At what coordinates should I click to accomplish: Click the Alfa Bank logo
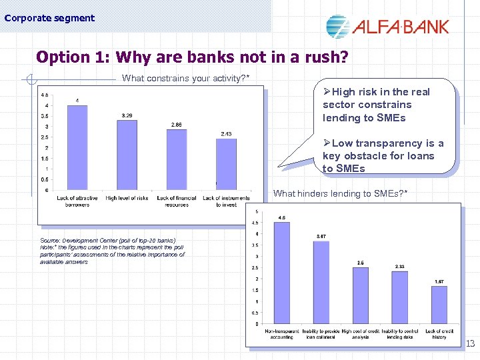[387, 26]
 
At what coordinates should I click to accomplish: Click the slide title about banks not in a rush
[192, 57]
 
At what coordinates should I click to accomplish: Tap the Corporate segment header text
[49, 18]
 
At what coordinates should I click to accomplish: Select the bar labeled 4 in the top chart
[77, 148]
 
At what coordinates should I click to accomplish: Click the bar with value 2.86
[177, 160]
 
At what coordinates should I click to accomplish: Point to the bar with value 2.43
[226, 165]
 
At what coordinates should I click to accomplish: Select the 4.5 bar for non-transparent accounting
[282, 273]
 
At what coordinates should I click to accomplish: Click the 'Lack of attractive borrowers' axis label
[77, 201]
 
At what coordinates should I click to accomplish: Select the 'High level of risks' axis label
[127, 198]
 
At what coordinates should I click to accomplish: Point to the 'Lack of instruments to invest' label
[226, 201]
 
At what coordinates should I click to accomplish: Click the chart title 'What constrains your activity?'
[186, 79]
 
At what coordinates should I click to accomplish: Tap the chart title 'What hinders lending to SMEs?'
[341, 194]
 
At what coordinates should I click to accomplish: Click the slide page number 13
[469, 344]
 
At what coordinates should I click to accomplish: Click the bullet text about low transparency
[383, 156]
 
